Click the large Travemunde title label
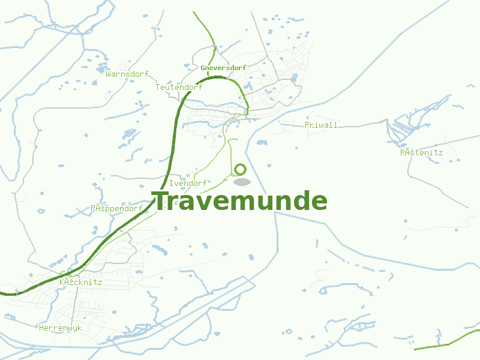tap(240, 202)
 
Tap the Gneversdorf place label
tap(224, 68)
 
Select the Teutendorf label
tap(179, 88)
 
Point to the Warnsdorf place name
tap(127, 74)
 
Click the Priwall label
tap(321, 125)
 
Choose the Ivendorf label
tap(188, 183)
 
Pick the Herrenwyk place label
tap(60, 328)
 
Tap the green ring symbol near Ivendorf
tap(241, 170)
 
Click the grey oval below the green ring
tap(241, 182)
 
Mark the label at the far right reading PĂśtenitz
tap(422, 152)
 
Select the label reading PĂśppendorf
tap(116, 209)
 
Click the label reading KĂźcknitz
tap(81, 282)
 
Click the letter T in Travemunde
tap(161, 202)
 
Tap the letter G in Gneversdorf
tap(203, 68)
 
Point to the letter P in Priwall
tap(307, 125)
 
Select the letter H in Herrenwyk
tap(41, 328)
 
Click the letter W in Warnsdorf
tap(108, 74)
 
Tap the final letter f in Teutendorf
tap(200, 88)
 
